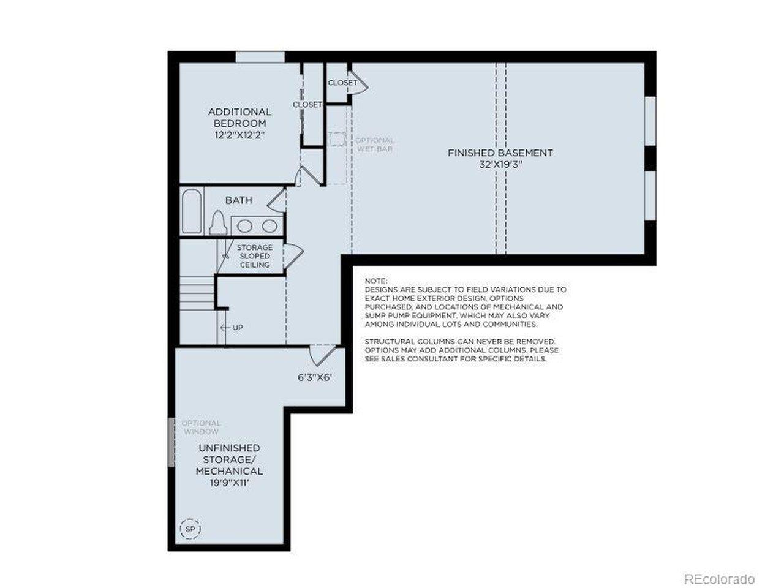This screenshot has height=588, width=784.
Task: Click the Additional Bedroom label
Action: click(239, 118)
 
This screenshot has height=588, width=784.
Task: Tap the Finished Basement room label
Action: click(500, 153)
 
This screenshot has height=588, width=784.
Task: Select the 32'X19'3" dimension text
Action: click(500, 165)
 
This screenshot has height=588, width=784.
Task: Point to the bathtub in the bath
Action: click(192, 212)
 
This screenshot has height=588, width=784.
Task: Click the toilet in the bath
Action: click(218, 222)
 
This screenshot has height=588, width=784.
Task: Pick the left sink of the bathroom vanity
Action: click(244, 225)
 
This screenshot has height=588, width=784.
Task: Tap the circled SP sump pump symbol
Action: click(190, 529)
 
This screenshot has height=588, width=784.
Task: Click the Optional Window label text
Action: click(201, 428)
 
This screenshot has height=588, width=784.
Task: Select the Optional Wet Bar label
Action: click(375, 144)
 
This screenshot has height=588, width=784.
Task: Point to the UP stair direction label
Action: click(238, 327)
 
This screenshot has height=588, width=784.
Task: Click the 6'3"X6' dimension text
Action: click(315, 377)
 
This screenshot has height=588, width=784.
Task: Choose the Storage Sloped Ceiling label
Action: click(255, 256)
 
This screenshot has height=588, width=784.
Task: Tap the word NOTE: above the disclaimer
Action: click(375, 281)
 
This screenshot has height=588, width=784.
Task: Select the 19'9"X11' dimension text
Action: click(229, 483)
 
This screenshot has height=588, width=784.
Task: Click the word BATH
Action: click(239, 200)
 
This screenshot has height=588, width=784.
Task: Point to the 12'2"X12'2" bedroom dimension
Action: click(239, 135)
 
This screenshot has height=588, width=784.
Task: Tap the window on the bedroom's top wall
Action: click(260, 57)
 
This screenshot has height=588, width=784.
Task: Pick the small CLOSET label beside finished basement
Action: click(342, 83)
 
